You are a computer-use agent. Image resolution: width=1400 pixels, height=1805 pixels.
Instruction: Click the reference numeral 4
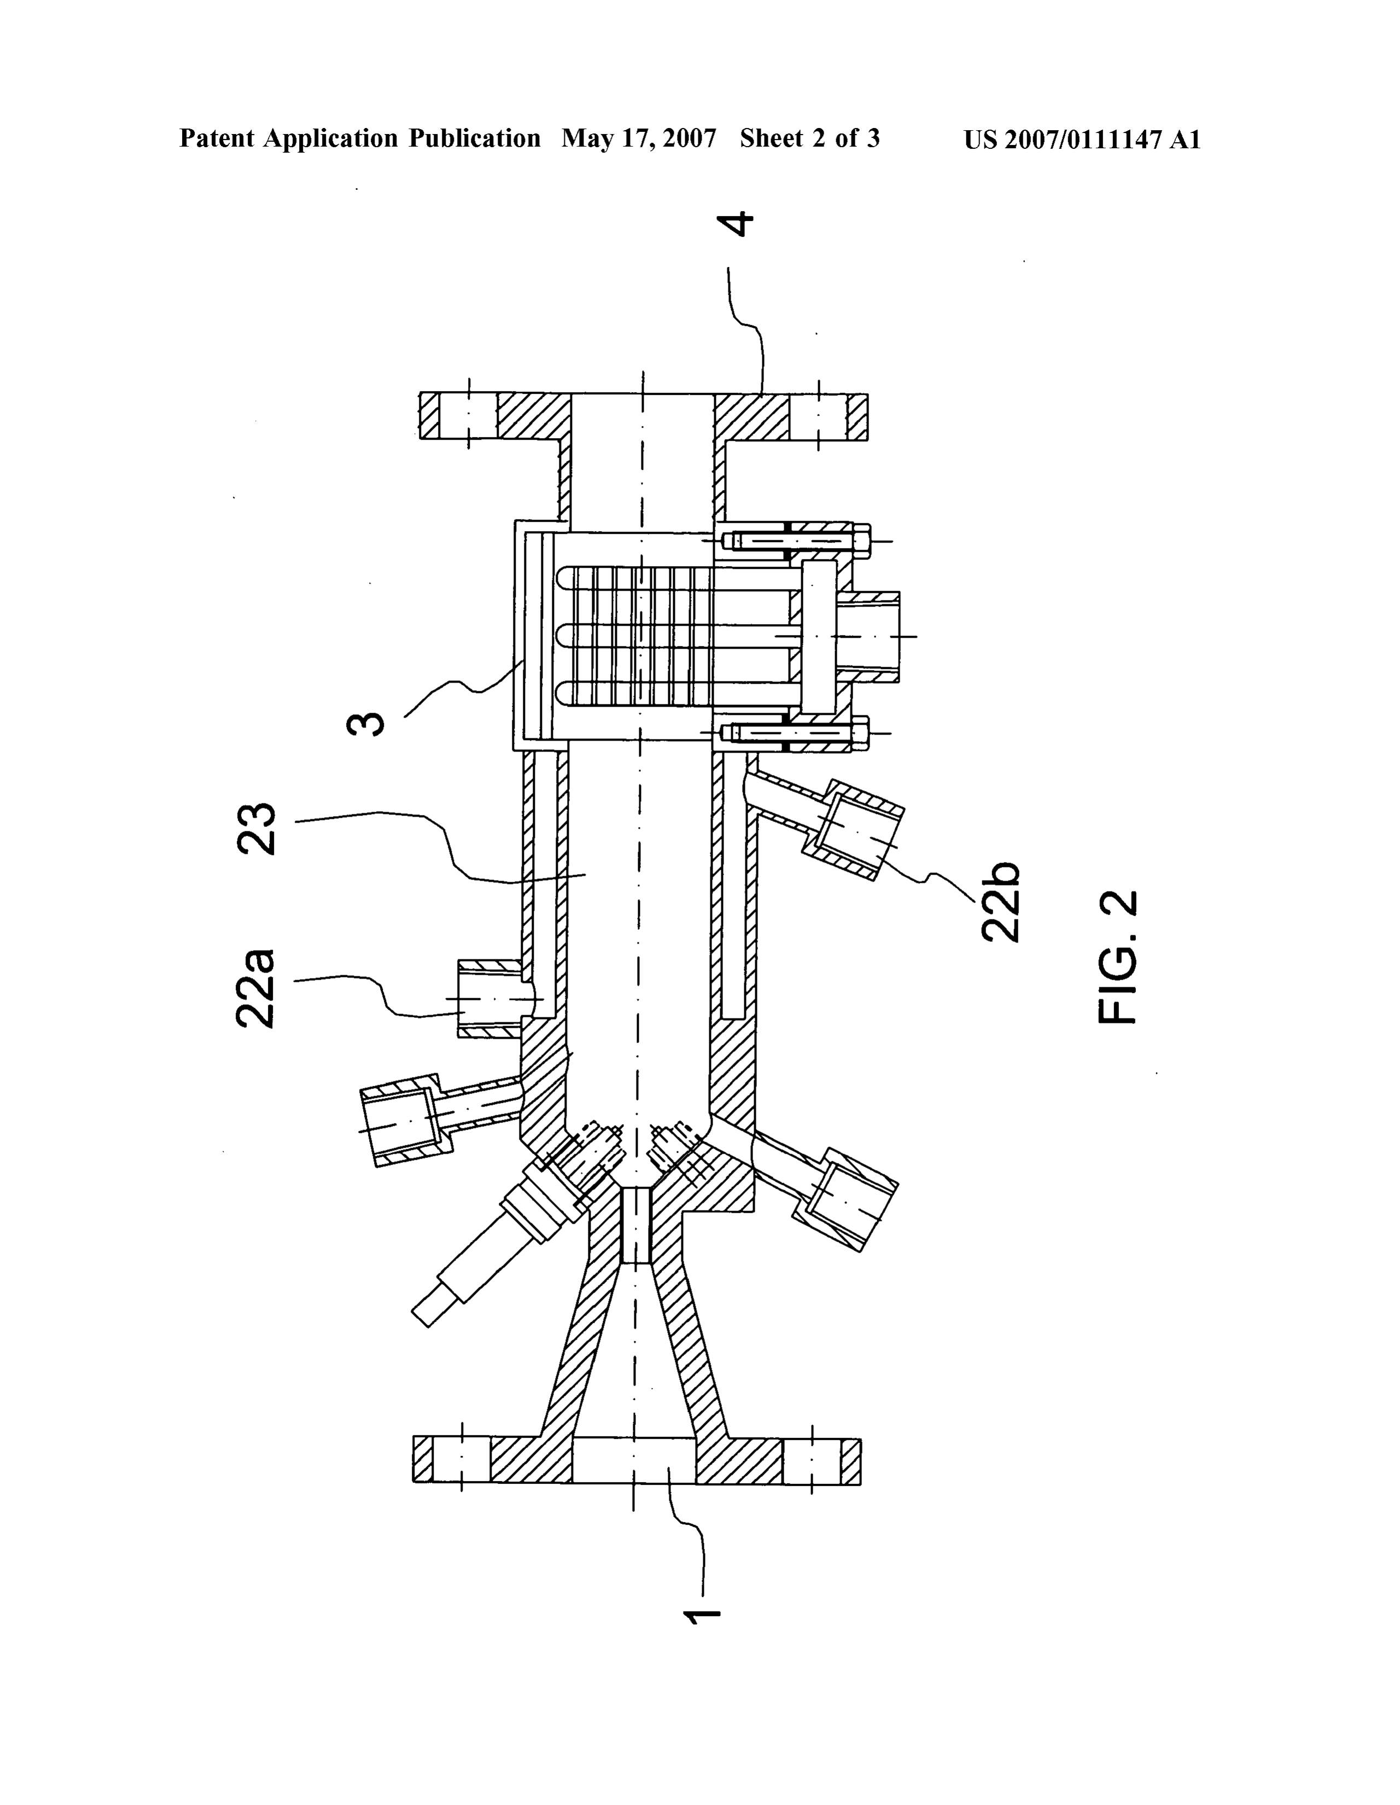[734, 224]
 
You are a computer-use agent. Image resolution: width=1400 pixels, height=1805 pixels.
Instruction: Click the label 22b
[1000, 902]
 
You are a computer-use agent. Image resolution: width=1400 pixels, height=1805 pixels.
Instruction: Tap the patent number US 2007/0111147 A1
[1082, 139]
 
